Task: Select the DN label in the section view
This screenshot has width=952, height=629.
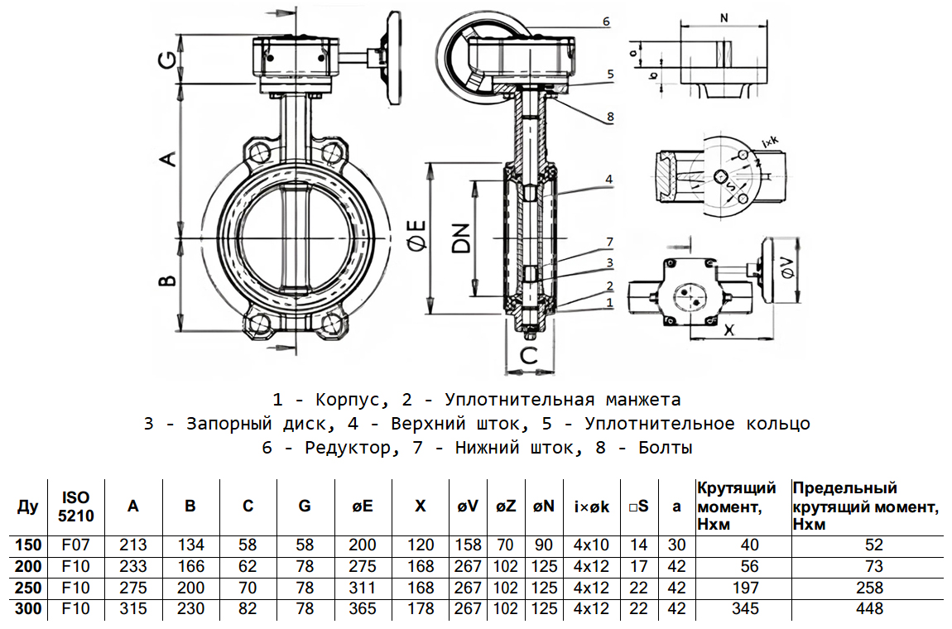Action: [x=462, y=238]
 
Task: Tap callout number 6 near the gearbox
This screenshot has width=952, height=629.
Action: [x=607, y=22]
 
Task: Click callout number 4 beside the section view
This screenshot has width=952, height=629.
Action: [x=608, y=179]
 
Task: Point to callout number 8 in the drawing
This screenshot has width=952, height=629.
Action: [x=610, y=117]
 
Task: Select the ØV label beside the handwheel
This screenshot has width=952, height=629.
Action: [x=788, y=268]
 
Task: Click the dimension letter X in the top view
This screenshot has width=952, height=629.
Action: [x=729, y=329]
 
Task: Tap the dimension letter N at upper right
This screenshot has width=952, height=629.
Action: [x=725, y=17]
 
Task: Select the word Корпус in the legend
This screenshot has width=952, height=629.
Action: [x=341, y=400]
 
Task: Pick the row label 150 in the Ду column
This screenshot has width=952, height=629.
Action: [x=26, y=545]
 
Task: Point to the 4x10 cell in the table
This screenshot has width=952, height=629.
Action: [x=591, y=545]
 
